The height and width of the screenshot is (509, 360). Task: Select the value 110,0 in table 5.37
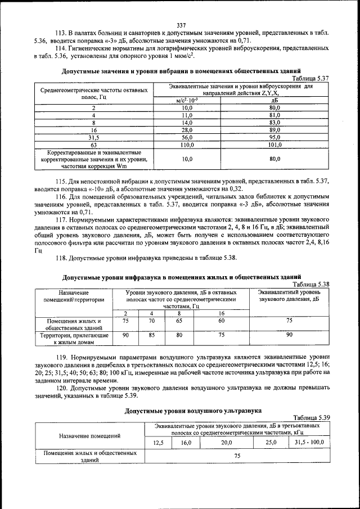pos(187,144)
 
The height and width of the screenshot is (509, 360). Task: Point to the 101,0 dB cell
pos(274,144)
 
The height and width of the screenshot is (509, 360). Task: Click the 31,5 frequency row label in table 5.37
pos(94,137)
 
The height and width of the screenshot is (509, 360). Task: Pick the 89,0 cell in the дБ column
pos(274,129)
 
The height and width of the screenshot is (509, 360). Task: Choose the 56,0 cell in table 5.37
pos(187,137)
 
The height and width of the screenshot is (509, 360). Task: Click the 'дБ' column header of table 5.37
pos(274,100)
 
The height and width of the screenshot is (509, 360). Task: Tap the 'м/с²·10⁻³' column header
pos(187,100)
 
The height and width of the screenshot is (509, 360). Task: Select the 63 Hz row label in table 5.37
pos(94,144)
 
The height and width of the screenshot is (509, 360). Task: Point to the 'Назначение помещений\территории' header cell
pos(74,296)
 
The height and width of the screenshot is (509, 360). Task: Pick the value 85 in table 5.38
pos(152,335)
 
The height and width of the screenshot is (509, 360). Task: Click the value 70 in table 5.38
pos(152,321)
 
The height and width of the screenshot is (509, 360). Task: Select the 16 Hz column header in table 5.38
pos(222,313)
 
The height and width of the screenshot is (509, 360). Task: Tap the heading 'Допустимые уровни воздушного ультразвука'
pos(185,411)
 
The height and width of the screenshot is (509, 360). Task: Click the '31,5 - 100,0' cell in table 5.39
pos(309,443)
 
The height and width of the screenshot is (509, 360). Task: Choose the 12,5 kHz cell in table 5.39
pos(158,443)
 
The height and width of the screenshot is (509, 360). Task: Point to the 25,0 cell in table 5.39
pos(271,443)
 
